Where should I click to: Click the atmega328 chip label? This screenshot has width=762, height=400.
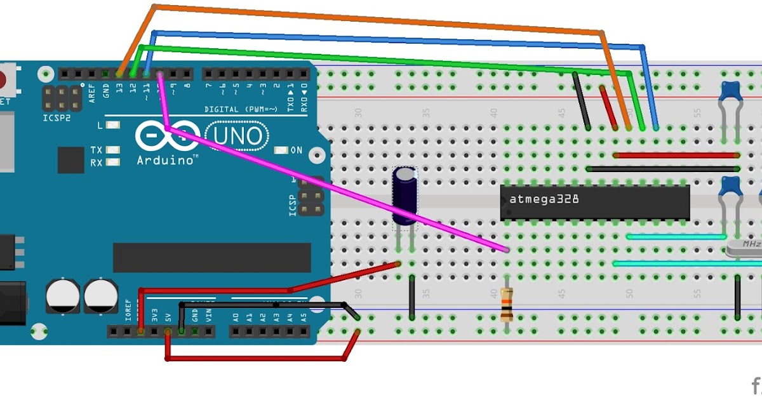pyautogui.click(x=544, y=199)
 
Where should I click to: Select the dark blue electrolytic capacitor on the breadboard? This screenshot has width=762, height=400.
pyautogui.click(x=404, y=196)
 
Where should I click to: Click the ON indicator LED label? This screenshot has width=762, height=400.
pyautogui.click(x=296, y=150)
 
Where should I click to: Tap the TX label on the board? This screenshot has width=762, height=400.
pyautogui.click(x=96, y=150)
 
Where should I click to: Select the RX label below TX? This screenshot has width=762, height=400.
pyautogui.click(x=96, y=163)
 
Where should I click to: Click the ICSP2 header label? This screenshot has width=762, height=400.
pyautogui.click(x=57, y=119)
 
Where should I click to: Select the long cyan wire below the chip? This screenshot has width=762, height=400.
pyautogui.click(x=686, y=263)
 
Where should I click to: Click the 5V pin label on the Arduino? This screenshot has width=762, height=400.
pyautogui.click(x=168, y=316)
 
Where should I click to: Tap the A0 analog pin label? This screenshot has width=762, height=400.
pyautogui.click(x=236, y=316)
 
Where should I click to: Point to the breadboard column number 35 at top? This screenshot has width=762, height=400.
pyautogui.click(x=426, y=113)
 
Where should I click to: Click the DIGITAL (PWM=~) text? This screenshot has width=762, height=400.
pyautogui.click(x=233, y=109)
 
